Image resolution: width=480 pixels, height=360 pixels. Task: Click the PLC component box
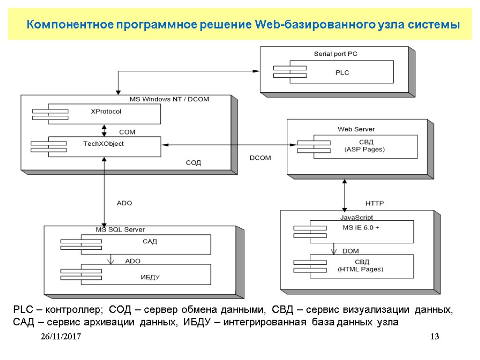pyautogui.click(x=342, y=72)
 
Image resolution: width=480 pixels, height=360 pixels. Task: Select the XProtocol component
pyautogui.click(x=105, y=113)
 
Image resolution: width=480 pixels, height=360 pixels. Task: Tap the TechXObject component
pyautogui.click(x=104, y=146)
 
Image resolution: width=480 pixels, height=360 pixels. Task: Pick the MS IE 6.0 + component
pyautogui.click(x=361, y=231)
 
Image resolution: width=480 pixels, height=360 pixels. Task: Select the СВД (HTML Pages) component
pyautogui.click(x=361, y=266)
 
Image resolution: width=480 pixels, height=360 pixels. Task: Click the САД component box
pyautogui.click(x=145, y=244)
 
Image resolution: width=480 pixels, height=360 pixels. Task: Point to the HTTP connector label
pyautogui.click(x=375, y=203)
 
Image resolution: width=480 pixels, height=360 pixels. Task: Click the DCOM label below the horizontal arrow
pyautogui.click(x=260, y=158)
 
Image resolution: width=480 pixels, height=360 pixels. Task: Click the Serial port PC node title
pyautogui.click(x=336, y=54)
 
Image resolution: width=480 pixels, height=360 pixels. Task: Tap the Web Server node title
pyautogui.click(x=356, y=129)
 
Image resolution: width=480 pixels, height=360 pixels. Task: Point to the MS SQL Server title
pyautogui.click(x=120, y=230)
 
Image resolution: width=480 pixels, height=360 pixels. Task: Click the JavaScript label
pyautogui.click(x=356, y=217)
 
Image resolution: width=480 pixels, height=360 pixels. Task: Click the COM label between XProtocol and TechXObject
pyautogui.click(x=127, y=133)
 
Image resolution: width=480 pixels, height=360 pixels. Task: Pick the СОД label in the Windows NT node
pyautogui.click(x=194, y=163)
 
